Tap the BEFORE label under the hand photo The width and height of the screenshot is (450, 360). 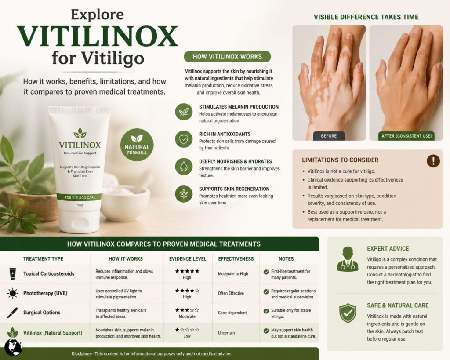coord(329,136)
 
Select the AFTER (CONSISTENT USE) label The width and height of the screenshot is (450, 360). coord(406,136)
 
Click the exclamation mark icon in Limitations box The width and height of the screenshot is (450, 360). coord(433,161)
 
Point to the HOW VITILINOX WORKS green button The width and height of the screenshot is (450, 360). coord(227,56)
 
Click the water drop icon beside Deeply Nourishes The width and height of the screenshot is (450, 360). coord(184,167)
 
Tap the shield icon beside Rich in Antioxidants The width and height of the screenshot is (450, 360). coord(184,139)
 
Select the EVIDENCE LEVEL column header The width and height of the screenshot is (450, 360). coord(188,259)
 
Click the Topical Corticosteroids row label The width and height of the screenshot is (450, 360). coord(49,274)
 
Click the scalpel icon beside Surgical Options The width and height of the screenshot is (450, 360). coord(12,313)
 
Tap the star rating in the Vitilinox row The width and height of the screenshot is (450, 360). coord(187,329)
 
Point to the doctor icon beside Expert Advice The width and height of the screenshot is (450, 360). coord(347,259)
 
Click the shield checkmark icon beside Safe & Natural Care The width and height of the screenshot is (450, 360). coord(347,313)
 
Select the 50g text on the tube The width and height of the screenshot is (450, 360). coord(80,205)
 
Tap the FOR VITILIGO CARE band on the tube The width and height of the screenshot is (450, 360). coord(80,197)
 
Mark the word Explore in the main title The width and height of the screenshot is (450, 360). coord(98,15)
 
